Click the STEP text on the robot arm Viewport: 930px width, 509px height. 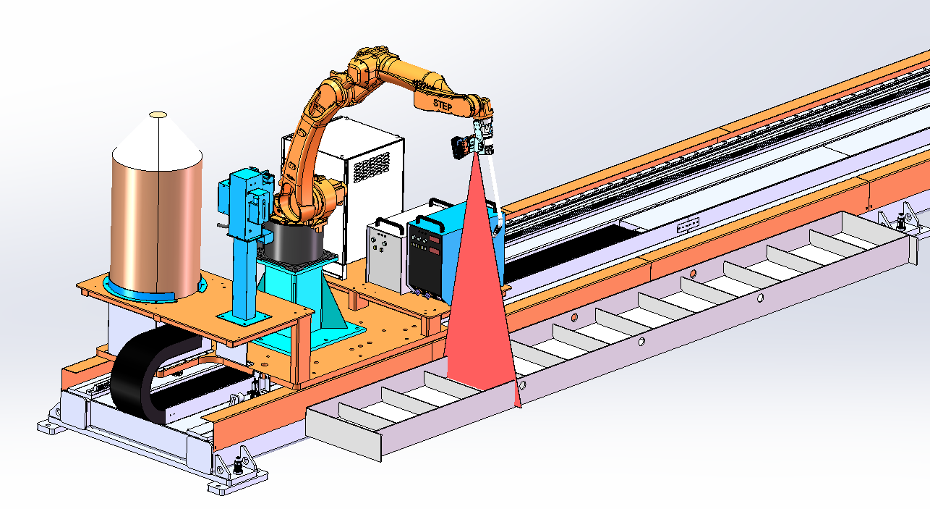point(442,106)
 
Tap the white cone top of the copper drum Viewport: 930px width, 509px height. point(158,144)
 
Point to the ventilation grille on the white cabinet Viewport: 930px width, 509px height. point(371,167)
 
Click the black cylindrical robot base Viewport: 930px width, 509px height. point(293,241)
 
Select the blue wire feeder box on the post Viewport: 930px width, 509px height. point(246,203)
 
